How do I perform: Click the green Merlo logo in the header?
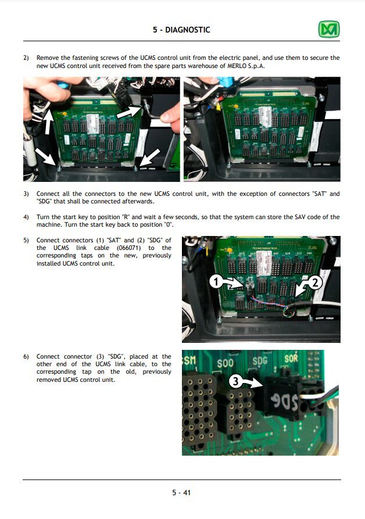(328, 29)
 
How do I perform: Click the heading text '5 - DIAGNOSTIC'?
(182, 30)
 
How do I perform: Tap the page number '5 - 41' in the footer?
(181, 493)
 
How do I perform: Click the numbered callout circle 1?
(216, 282)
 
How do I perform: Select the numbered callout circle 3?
(234, 382)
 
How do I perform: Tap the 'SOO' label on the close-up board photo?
(226, 363)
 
